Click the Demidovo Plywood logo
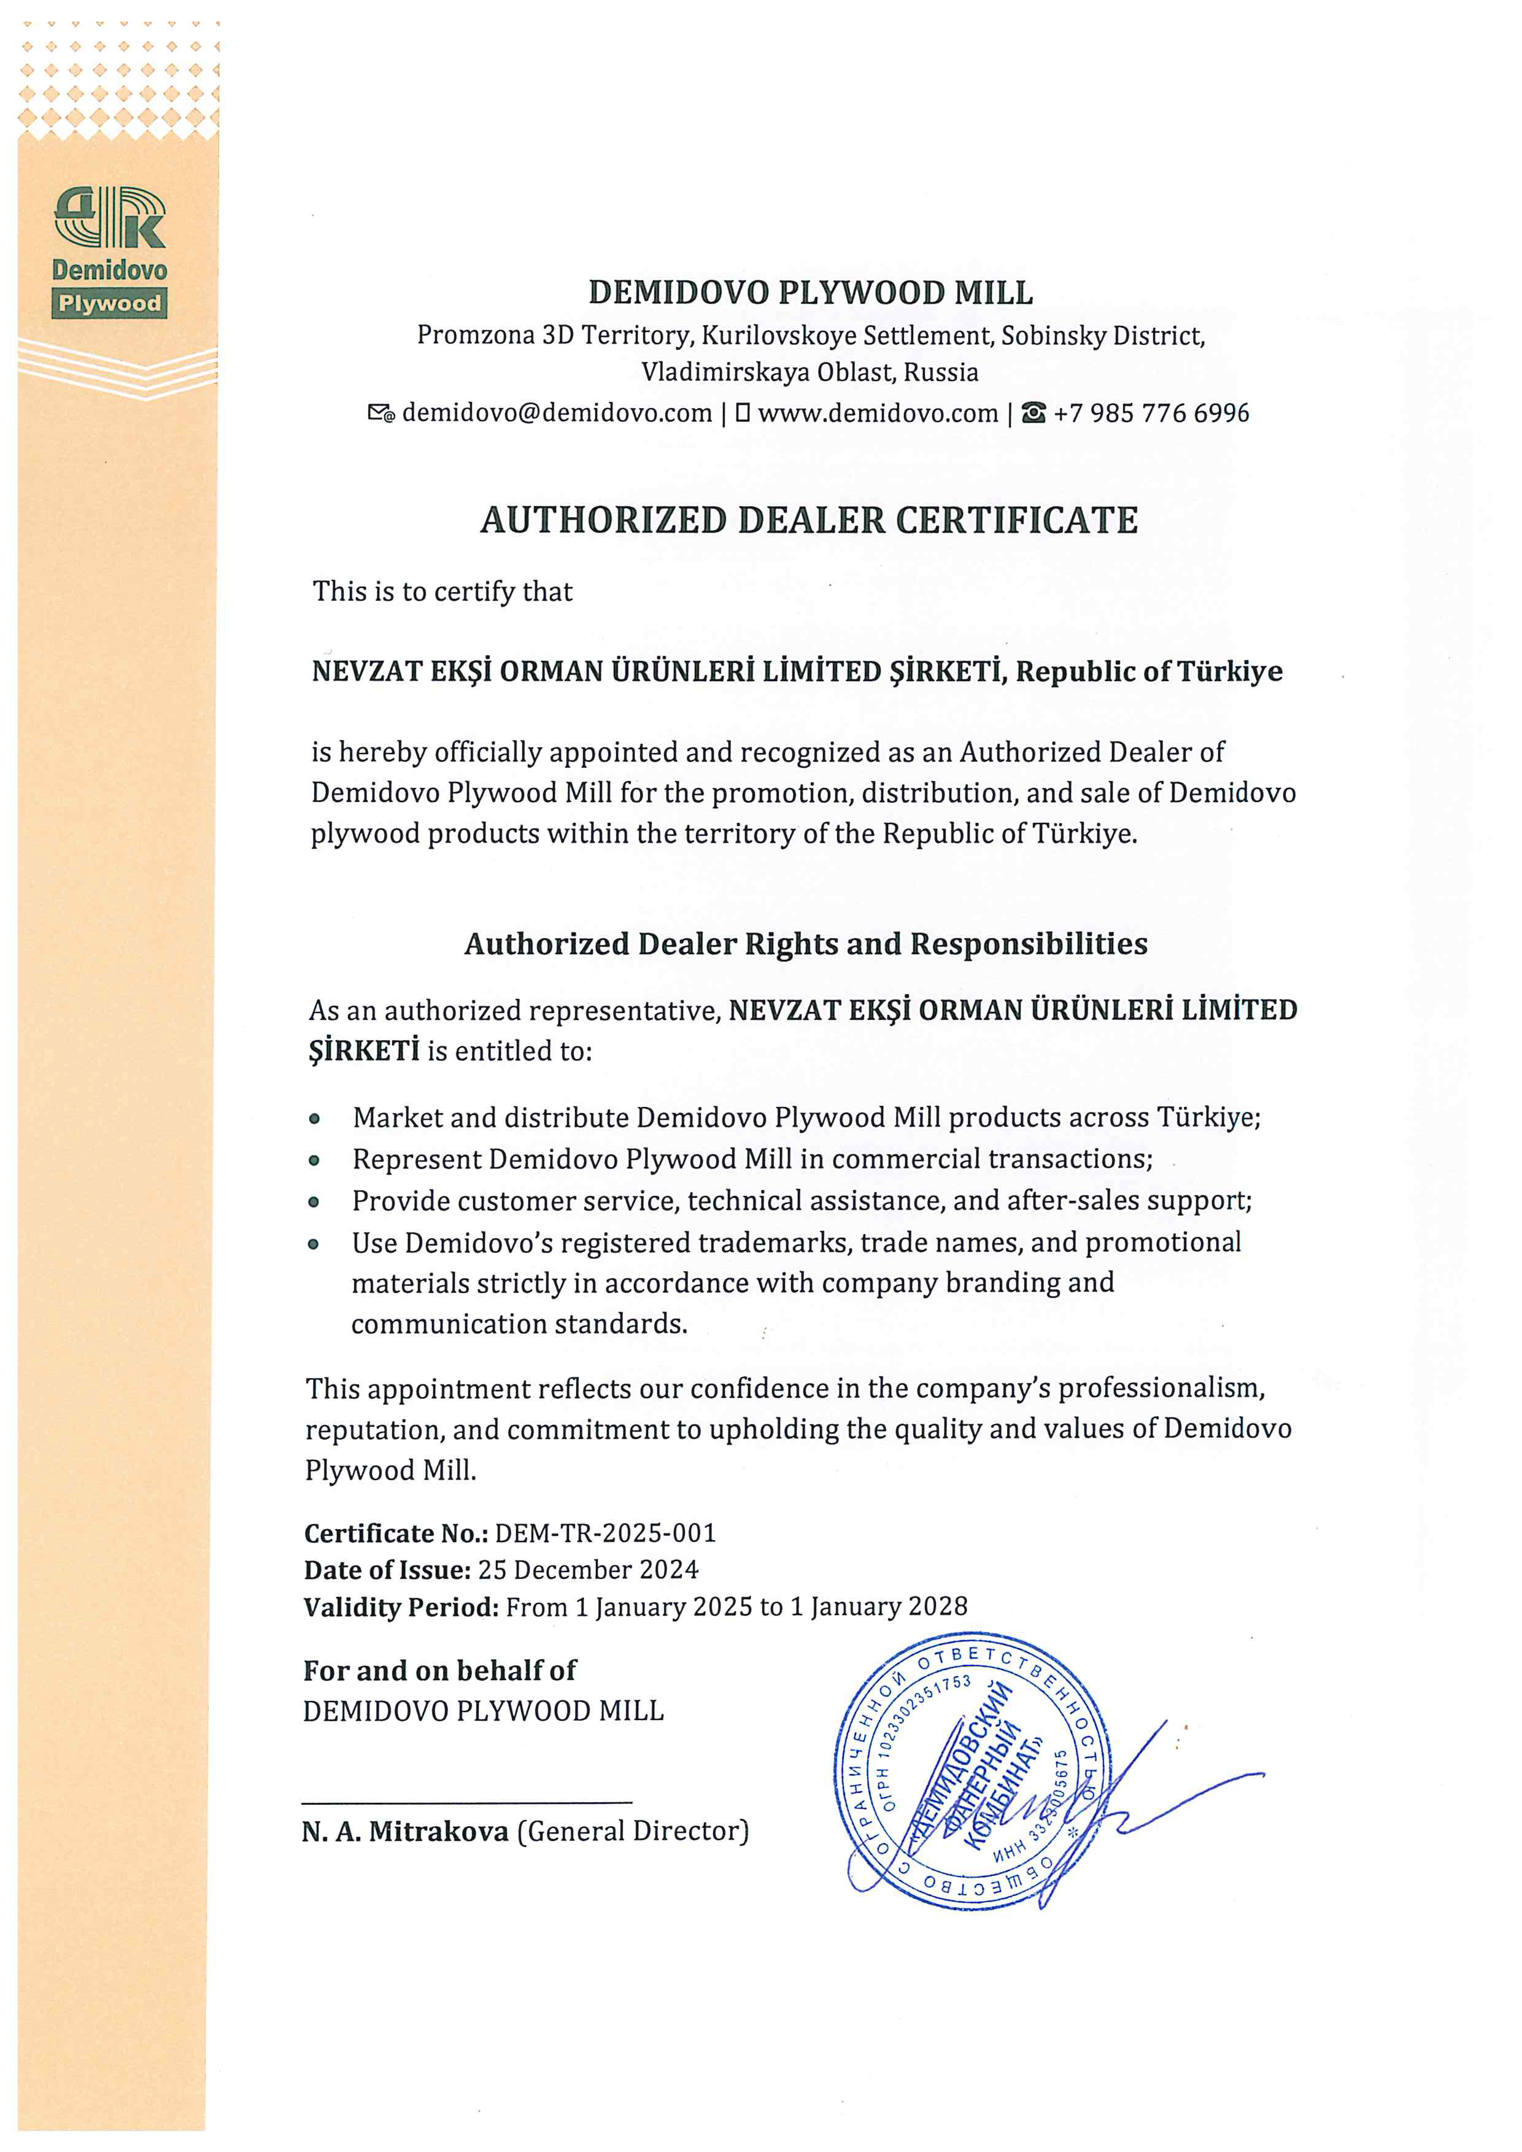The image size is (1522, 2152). pos(110,251)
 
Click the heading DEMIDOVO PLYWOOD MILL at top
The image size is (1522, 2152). pos(811,293)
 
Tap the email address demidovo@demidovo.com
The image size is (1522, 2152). pos(557,414)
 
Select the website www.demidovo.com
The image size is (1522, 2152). pos(878,414)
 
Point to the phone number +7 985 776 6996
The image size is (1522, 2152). pos(1151,414)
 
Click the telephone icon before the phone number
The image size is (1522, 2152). pos(1033,414)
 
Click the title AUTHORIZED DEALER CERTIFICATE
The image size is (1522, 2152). pos(809,520)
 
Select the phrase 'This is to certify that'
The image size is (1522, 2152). pos(442,592)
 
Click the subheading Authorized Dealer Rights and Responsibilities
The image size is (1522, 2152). pos(806,944)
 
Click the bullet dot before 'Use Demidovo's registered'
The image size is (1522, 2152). pos(315,1244)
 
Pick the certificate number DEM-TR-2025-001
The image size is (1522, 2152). pos(606,1533)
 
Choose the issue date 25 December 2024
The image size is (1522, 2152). pos(587,1570)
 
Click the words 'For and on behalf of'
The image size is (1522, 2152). pos(439,1670)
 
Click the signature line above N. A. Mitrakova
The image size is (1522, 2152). pos(466,1802)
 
